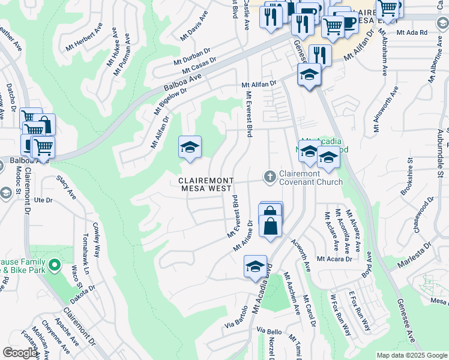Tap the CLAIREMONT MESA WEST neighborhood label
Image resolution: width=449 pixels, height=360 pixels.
pos(205,184)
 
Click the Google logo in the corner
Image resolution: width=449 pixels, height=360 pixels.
pos(20,353)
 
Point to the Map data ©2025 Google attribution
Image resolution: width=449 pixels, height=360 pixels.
pos(411,355)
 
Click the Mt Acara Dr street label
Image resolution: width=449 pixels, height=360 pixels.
pos(334,259)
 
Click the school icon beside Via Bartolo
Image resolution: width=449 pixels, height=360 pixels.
pos(255,266)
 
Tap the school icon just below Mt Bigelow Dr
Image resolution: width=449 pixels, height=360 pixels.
pos(190,147)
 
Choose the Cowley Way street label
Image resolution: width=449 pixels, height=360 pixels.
pos(97,239)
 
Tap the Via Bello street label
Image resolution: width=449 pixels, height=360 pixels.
pos(269,331)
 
